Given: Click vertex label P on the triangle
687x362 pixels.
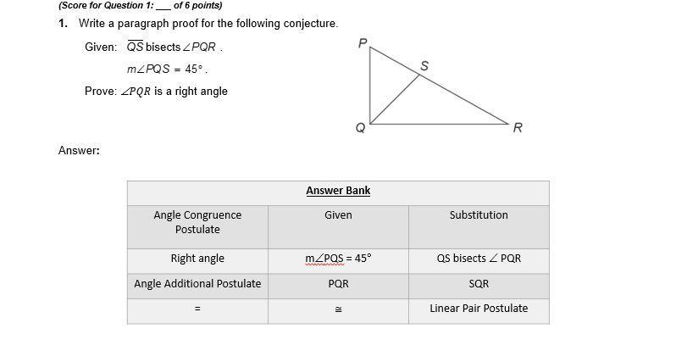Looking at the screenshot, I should (x=362, y=43).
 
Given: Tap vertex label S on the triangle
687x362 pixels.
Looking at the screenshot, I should (x=424, y=66).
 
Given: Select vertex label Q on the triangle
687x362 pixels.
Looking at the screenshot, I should (x=360, y=128).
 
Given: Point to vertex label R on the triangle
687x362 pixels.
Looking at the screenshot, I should (x=518, y=128).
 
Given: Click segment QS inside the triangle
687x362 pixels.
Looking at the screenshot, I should (x=395, y=99).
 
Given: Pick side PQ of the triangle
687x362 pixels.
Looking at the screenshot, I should (x=370, y=85).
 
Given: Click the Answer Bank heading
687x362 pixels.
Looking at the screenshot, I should (x=338, y=191).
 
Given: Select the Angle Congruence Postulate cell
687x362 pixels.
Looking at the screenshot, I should (x=197, y=222).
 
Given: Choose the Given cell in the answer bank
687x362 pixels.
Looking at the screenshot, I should (x=338, y=215).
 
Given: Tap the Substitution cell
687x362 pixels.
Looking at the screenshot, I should (x=479, y=215).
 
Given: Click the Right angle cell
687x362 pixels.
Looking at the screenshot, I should (x=197, y=259).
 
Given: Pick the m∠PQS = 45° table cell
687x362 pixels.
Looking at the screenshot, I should (x=338, y=259).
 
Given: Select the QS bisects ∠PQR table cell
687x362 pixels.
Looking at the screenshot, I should (x=479, y=259).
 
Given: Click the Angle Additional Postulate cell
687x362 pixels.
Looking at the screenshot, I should (x=197, y=284).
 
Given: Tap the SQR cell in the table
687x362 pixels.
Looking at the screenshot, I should (x=479, y=284).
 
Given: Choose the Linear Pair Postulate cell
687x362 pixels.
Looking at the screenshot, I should (x=479, y=309).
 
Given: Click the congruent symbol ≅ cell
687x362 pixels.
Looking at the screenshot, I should (x=338, y=309).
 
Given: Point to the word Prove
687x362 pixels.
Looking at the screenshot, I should (x=100, y=92).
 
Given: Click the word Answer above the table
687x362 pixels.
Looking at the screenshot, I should (x=78, y=151).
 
